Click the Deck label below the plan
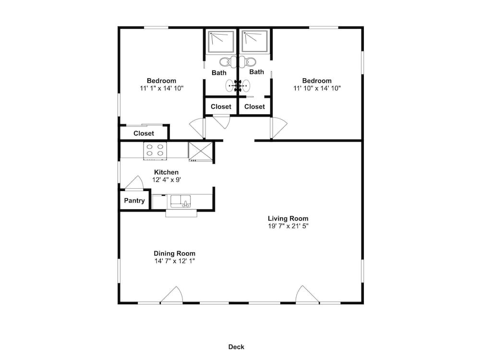click(x=236, y=347)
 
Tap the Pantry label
click(x=134, y=201)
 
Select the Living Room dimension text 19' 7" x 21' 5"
click(x=288, y=226)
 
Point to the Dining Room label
click(x=175, y=253)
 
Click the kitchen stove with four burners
click(x=155, y=151)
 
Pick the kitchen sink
click(x=180, y=202)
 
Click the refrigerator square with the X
click(x=200, y=151)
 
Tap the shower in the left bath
click(x=221, y=41)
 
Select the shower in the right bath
click(x=255, y=41)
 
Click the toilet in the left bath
click(x=226, y=62)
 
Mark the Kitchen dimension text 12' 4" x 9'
click(x=167, y=180)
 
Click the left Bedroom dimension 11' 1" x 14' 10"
click(x=162, y=88)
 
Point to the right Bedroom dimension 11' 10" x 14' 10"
click(x=317, y=88)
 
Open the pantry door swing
click(x=134, y=182)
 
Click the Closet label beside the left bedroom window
click(x=144, y=133)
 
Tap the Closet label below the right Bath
click(x=254, y=107)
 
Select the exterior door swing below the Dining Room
click(x=172, y=295)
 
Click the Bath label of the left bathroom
click(x=219, y=73)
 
